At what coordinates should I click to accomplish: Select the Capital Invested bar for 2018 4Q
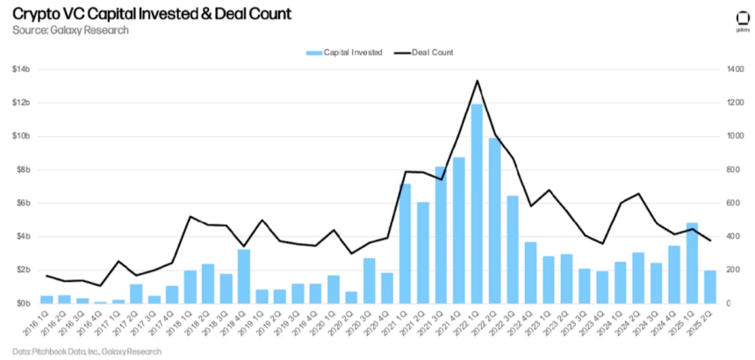(244, 277)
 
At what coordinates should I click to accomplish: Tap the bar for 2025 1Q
(692, 263)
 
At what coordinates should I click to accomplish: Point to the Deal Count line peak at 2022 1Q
(477, 81)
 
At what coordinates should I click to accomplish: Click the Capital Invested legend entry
(344, 53)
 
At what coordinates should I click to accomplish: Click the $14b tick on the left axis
(21, 69)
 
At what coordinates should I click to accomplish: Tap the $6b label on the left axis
(22, 203)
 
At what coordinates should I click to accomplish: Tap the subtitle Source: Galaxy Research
(70, 30)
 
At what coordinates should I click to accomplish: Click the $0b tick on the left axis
(22, 303)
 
